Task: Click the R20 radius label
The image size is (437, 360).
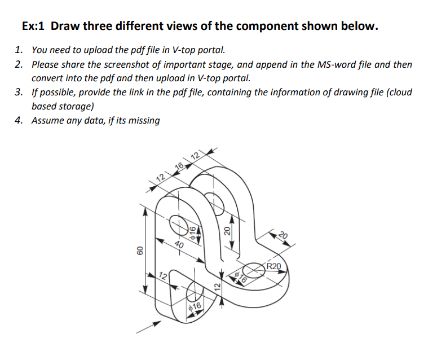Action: (274, 266)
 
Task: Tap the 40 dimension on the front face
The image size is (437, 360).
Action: (179, 244)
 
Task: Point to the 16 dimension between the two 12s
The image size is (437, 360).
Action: (180, 165)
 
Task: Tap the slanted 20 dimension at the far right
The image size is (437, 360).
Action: (283, 236)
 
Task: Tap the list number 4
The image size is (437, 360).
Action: (19, 120)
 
